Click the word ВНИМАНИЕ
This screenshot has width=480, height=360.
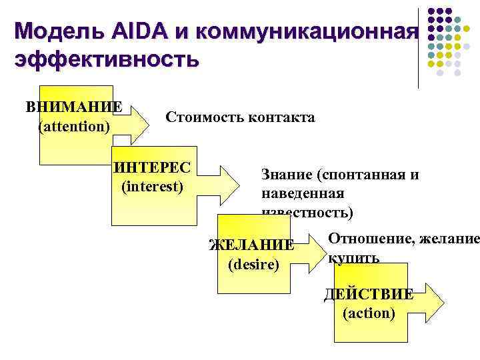coord(74,107)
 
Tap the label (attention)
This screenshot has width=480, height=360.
coord(74,125)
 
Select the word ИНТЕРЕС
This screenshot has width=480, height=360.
coord(152,167)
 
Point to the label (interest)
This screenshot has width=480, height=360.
coord(152,185)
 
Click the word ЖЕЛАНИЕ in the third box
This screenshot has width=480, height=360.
coord(251,245)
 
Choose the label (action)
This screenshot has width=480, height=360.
coord(368,313)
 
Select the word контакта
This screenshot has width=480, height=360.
coord(280,118)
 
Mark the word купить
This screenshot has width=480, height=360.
coord(353,257)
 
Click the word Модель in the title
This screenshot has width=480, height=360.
coord(56,31)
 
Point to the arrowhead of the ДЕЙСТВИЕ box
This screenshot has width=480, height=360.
coord(433,303)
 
